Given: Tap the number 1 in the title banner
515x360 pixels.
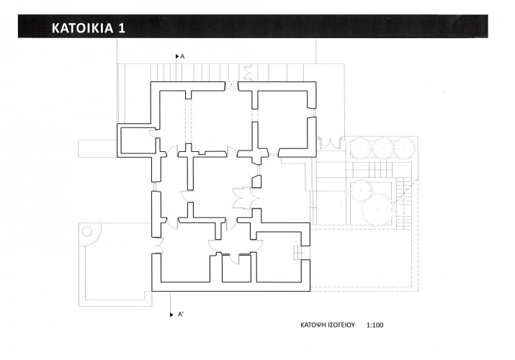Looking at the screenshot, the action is coord(122,28).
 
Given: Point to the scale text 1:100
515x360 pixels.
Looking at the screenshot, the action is coord(375,325).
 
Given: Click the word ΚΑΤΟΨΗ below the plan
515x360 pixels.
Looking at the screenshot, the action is coord(313,325).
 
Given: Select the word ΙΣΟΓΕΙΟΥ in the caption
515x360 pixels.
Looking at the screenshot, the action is coord(341,325).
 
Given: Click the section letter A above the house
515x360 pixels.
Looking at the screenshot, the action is coord(183,56).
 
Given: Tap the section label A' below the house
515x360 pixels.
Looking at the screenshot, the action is coord(181,315).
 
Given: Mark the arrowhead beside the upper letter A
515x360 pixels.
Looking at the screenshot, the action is coord(177,56).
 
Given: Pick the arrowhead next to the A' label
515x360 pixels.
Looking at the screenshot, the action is coord(171,315).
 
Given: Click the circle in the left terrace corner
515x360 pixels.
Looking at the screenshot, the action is coord(87,231).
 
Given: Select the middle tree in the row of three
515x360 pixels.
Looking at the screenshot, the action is coord(382,148).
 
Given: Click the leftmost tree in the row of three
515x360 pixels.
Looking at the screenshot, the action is coord(361,149).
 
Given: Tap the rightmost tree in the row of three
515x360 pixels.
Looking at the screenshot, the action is coord(404,148).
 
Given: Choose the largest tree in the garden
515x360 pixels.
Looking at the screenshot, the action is coord(377,210).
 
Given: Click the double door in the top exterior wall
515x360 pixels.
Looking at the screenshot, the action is coord(231,86).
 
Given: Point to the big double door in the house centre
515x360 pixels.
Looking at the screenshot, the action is coord(246,198).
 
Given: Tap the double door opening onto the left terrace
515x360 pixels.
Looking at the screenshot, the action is coord(158,246).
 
